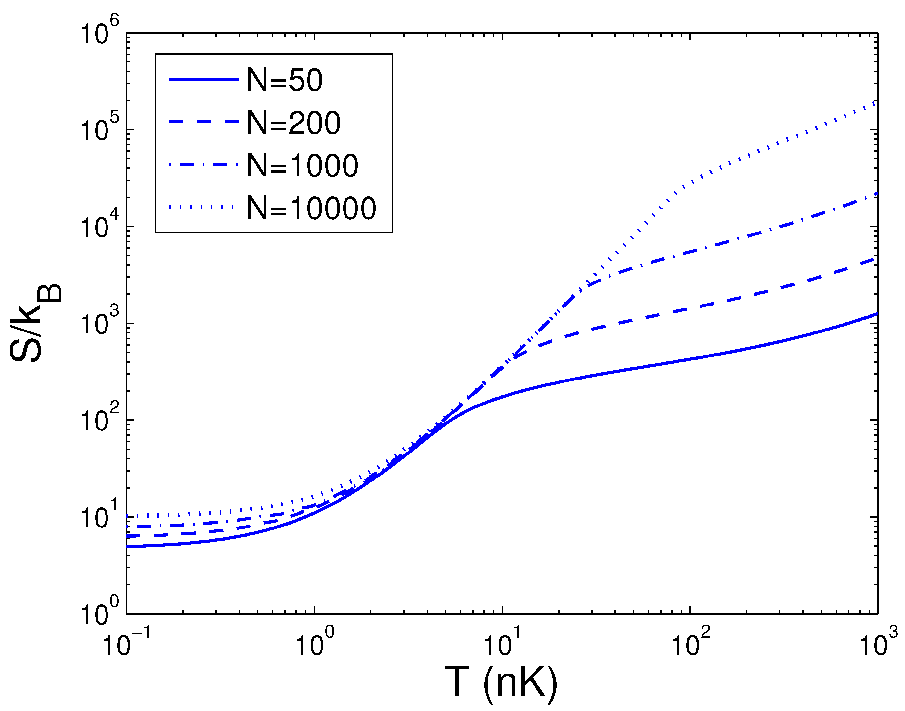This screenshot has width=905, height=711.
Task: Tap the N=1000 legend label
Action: pyautogui.click(x=302, y=165)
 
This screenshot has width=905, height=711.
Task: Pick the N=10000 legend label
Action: pyautogui.click(x=311, y=208)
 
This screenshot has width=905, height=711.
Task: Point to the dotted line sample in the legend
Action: pyautogui.click(x=203, y=207)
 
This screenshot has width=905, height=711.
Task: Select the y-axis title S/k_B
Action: pyautogui.click(x=36, y=323)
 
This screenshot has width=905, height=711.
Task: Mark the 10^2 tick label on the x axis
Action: pyautogui.click(x=690, y=644)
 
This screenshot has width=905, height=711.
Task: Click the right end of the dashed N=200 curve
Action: pyautogui.click(x=875, y=259)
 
